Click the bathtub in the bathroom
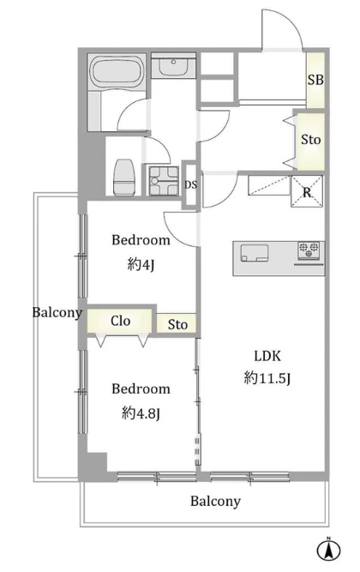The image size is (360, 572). click(117, 72)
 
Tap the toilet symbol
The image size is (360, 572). click(124, 178)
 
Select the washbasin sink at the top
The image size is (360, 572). click(173, 66)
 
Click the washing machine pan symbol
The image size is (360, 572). click(163, 181)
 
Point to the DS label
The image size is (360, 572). click(190, 185)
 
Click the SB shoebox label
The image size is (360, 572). click(315, 80)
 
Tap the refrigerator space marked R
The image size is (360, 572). click(307, 192)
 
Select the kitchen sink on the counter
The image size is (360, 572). click(255, 253)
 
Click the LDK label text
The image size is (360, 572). click(267, 356)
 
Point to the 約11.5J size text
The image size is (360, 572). click(267, 378)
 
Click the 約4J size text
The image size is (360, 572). click(141, 264)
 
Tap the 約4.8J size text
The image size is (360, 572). click(141, 413)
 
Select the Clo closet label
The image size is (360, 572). click(120, 321)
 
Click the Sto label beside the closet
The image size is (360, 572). click(177, 324)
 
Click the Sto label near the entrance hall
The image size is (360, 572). click(311, 139)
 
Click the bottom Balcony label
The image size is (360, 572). click(215, 502)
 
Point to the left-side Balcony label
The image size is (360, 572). click(57, 313)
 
